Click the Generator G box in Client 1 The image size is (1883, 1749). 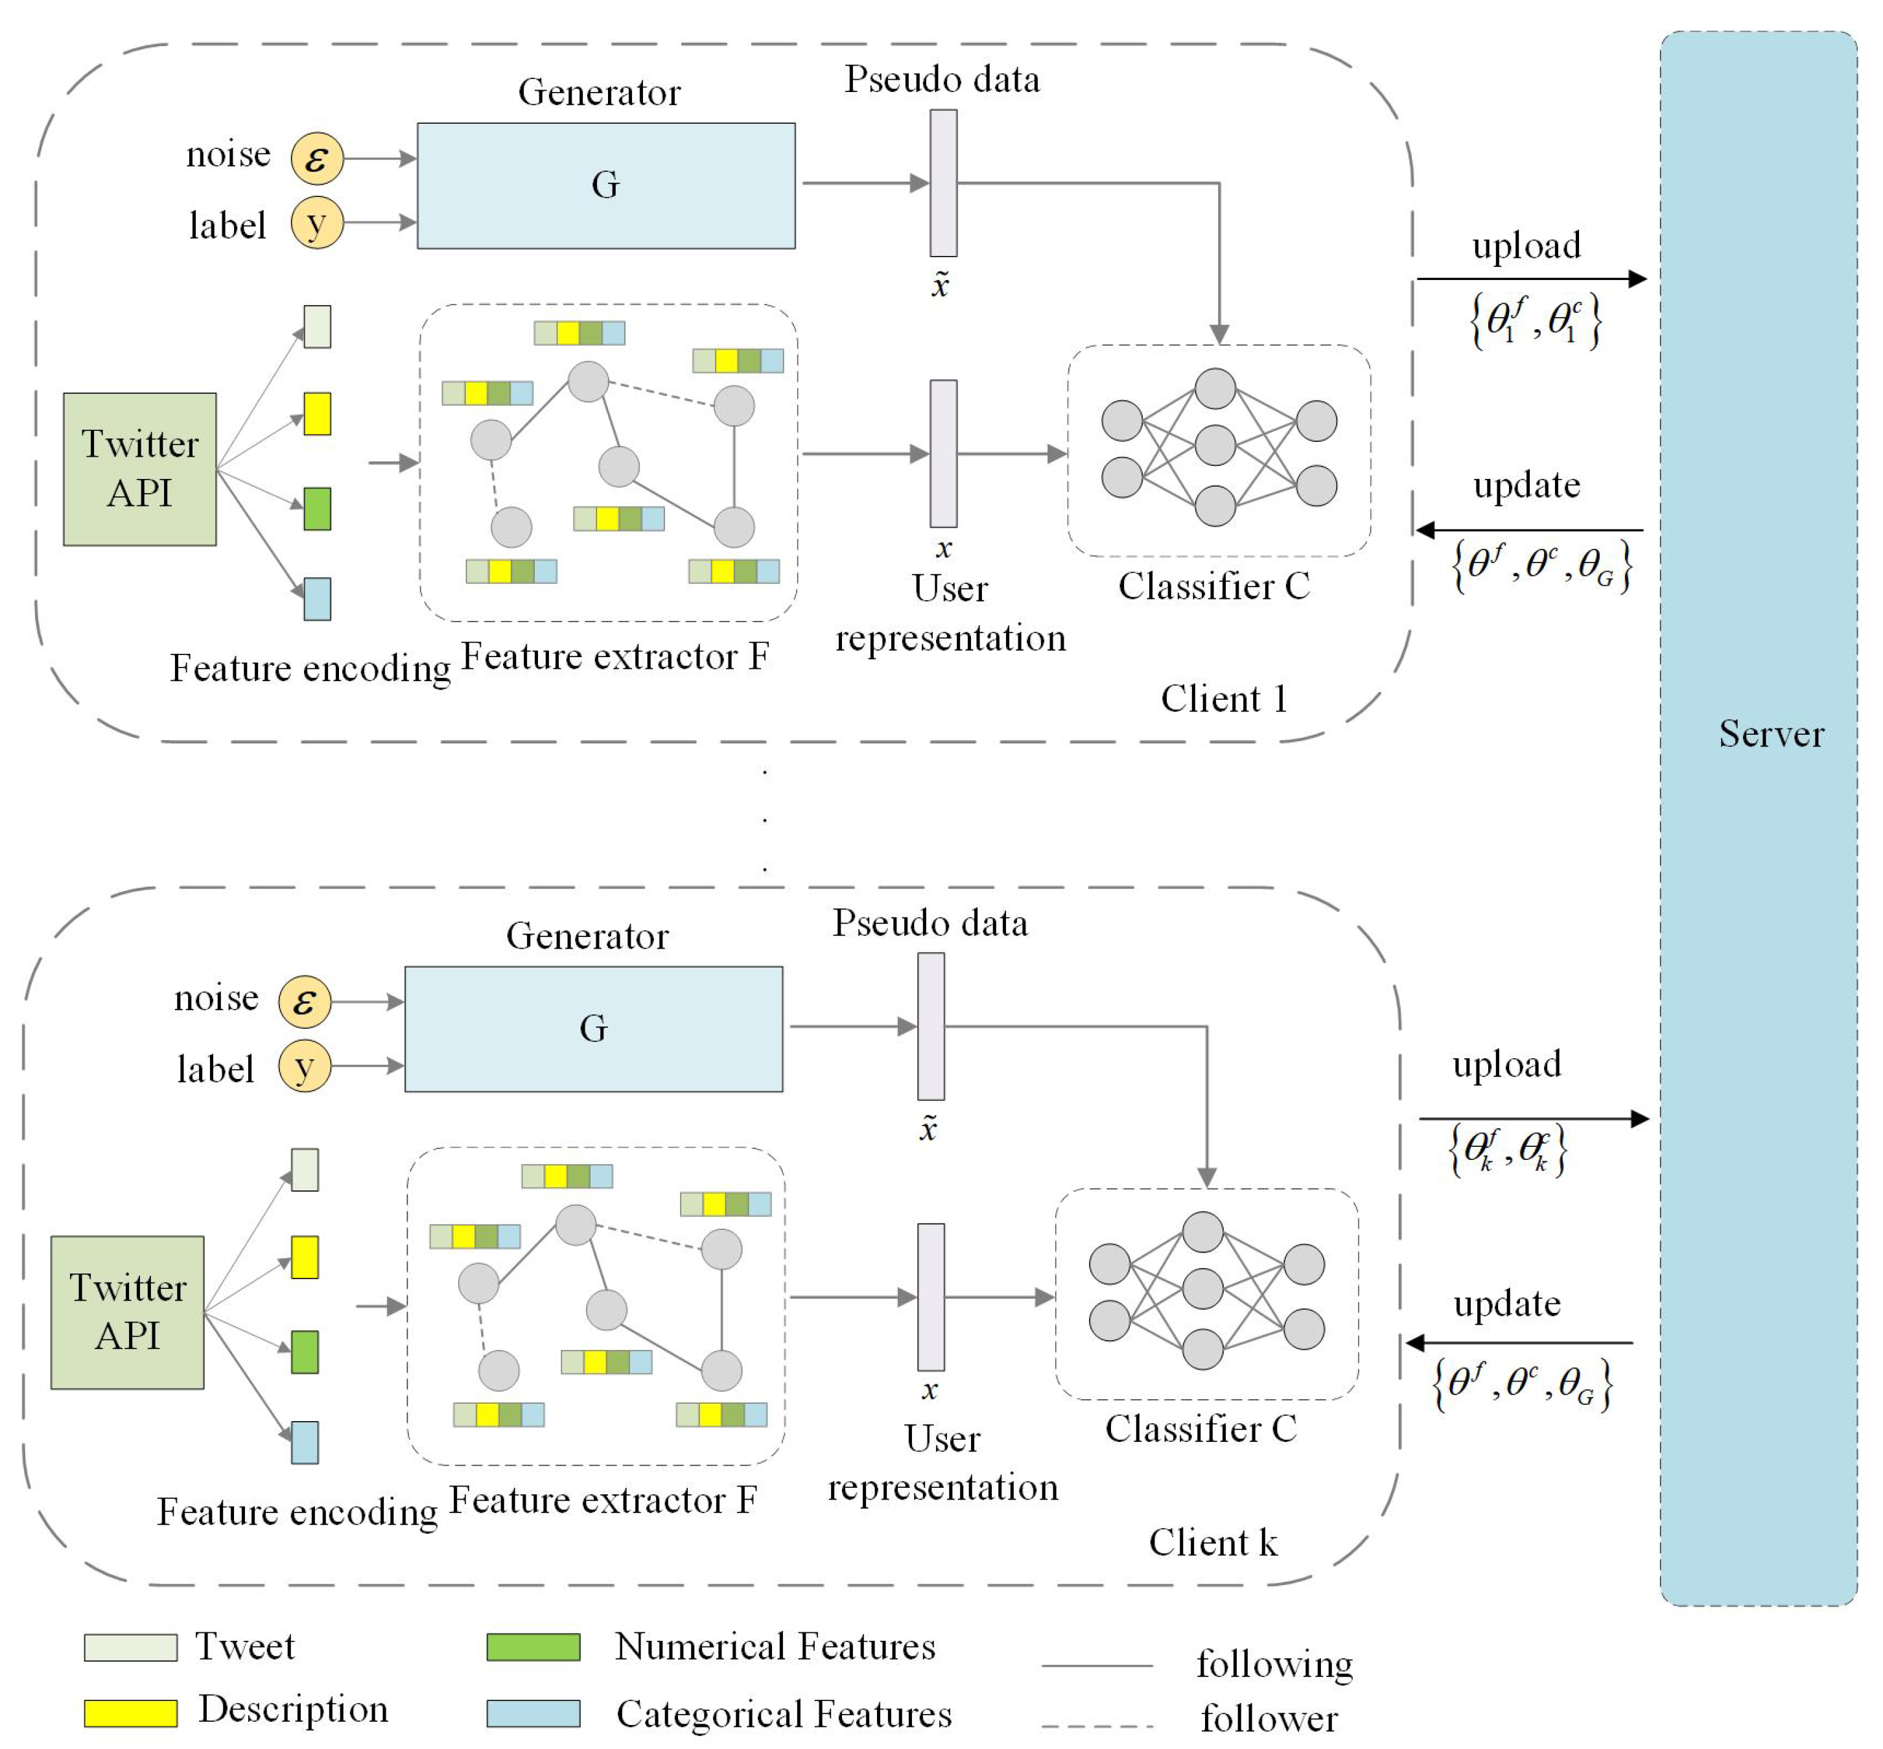pyautogui.click(x=606, y=185)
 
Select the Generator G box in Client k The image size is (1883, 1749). pyautogui.click(x=594, y=1029)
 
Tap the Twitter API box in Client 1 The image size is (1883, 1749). pyautogui.click(x=139, y=469)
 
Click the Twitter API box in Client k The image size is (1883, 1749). pyautogui.click(x=127, y=1312)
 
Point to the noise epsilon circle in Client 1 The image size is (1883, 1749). pyautogui.click(x=316, y=158)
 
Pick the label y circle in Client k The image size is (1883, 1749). pyautogui.click(x=304, y=1067)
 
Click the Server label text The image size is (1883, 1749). pyautogui.click(x=1770, y=734)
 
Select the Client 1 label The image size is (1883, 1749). pyautogui.click(x=1223, y=699)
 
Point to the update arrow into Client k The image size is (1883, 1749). pyautogui.click(x=1519, y=1342)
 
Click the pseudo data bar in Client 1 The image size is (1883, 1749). pyautogui.click(x=943, y=183)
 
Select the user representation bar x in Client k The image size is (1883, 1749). pyautogui.click(x=931, y=1297)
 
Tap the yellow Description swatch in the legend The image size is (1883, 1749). pyautogui.click(x=131, y=1712)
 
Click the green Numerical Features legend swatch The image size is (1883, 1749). pyautogui.click(x=533, y=1647)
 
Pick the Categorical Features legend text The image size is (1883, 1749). pyautogui.click(x=783, y=1713)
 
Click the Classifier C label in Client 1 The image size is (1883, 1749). pyautogui.click(x=1213, y=586)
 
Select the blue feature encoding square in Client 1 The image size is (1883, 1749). pyautogui.click(x=317, y=598)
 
